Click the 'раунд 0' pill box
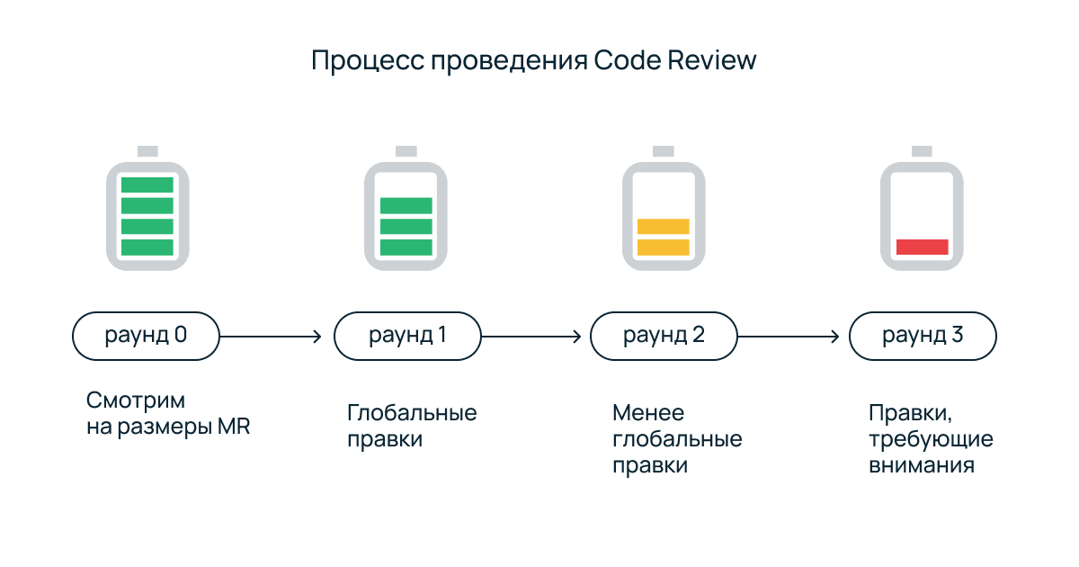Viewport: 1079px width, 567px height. click(x=146, y=337)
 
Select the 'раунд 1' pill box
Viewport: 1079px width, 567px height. click(x=407, y=337)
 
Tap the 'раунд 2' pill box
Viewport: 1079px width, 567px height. click(x=664, y=337)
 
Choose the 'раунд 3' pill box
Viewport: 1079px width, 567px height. click(x=923, y=337)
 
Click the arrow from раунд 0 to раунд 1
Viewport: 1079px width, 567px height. click(x=271, y=337)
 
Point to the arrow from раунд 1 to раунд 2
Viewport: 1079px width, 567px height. click(x=531, y=337)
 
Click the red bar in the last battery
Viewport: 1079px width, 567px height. click(x=923, y=247)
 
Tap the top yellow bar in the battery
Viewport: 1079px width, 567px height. click(x=664, y=226)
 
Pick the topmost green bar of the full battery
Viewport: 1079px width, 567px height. click(x=147, y=184)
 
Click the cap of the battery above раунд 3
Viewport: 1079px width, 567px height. click(x=923, y=150)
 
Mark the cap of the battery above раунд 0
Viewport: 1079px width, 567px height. click(x=147, y=150)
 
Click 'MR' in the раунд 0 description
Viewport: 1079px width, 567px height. click(x=234, y=427)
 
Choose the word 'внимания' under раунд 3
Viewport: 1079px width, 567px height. click(x=922, y=466)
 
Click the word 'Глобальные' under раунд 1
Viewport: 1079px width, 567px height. click(x=412, y=413)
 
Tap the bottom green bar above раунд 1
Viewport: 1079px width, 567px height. click(x=406, y=247)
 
